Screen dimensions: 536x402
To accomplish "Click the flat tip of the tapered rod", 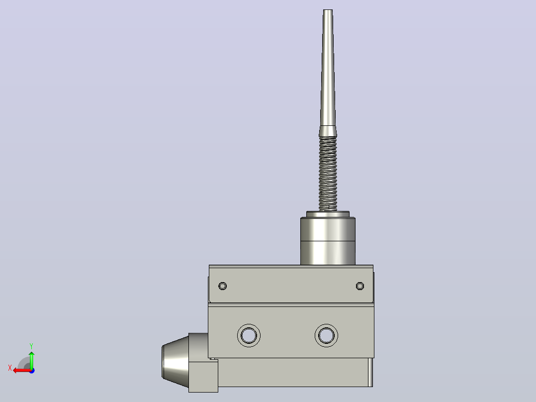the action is click(x=328, y=10).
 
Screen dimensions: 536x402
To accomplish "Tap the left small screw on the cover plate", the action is click(x=223, y=286).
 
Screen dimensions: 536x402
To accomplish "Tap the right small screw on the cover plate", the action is click(x=360, y=286).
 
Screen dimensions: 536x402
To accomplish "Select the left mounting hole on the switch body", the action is click(x=249, y=335).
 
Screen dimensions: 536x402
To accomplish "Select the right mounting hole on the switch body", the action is click(x=327, y=335).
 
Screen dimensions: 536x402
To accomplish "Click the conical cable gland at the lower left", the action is click(x=175, y=361).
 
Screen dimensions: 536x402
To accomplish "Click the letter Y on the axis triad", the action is click(x=31, y=346).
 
